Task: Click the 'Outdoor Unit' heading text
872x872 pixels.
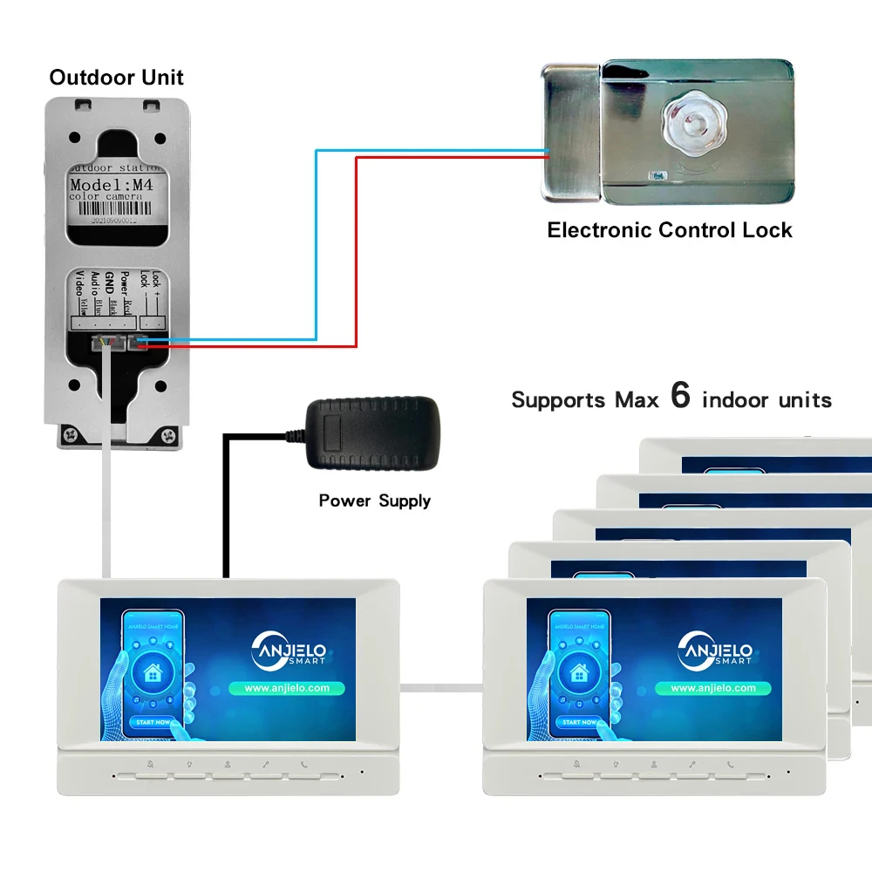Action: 116,78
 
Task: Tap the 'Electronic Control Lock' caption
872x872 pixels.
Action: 669,230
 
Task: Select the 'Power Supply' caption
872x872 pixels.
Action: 374,501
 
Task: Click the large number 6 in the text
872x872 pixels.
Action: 680,396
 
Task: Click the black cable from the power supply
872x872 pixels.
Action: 225,506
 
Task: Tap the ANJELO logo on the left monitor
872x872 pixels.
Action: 287,651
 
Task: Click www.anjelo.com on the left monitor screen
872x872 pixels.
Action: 287,688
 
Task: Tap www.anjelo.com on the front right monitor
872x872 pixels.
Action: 712,688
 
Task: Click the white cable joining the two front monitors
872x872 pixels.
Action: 440,686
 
